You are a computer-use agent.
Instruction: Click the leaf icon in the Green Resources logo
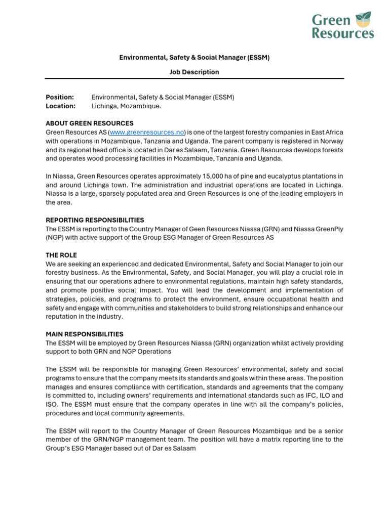tap(363, 20)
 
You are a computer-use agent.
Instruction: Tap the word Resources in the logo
tap(343, 34)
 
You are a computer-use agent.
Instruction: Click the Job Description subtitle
tap(194, 72)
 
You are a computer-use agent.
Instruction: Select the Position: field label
tap(60, 97)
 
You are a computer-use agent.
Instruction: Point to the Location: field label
tap(60, 106)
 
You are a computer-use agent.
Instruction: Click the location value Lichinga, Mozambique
tap(126, 106)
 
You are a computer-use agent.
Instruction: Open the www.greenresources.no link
tap(147, 133)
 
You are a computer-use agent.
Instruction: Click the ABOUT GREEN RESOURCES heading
tap(90, 123)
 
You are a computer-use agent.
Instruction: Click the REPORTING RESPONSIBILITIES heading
tap(95, 220)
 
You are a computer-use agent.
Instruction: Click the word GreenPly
tap(330, 229)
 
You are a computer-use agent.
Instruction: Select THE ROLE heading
tap(61, 255)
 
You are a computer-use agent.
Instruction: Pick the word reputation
tap(63, 317)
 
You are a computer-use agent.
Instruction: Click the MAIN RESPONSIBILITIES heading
tap(85, 334)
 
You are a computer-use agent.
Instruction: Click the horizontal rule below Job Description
tap(194, 79)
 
